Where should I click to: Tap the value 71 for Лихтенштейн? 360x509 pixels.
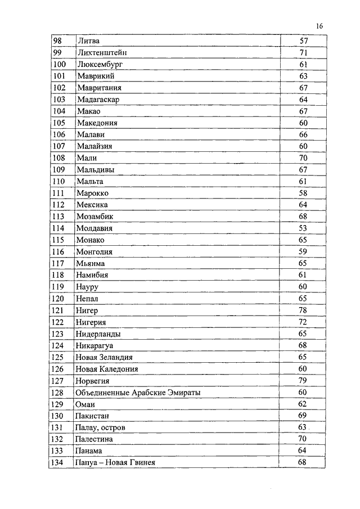tap(303, 53)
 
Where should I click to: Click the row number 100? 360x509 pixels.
tap(59, 65)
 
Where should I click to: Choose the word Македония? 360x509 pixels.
tap(96, 123)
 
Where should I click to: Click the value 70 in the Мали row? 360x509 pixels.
tap(303, 158)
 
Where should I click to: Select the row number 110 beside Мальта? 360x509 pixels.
tap(59, 182)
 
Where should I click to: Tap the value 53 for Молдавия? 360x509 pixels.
tap(303, 228)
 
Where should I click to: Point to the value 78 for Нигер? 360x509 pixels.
tap(303, 310)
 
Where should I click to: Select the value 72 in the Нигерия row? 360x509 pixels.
tap(303, 322)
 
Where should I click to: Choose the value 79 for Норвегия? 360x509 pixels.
tap(303, 381)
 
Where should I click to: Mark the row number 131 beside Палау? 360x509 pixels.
tap(59, 428)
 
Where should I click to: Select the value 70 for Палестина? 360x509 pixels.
tap(303, 439)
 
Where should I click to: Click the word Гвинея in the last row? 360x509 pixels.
tap(140, 463)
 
